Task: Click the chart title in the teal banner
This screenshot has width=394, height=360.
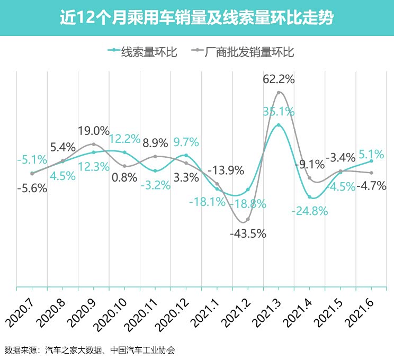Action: point(196,19)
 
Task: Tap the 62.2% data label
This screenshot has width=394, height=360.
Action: point(279,79)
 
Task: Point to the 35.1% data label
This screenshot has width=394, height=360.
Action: point(279,112)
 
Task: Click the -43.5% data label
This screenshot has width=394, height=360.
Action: point(248,233)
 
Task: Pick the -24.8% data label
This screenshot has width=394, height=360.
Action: point(310,211)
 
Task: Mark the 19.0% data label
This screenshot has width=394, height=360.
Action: point(94,131)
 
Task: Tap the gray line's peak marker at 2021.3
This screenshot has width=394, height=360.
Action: point(279,93)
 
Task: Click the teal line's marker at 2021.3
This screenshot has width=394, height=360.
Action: point(279,125)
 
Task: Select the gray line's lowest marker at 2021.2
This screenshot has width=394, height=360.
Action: point(248,219)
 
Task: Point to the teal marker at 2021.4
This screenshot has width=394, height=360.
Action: point(310,197)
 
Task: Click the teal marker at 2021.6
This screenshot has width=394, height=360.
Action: point(371,161)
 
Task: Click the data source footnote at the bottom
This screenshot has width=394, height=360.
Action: point(89,350)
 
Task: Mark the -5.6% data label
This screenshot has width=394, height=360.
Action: point(32,187)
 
